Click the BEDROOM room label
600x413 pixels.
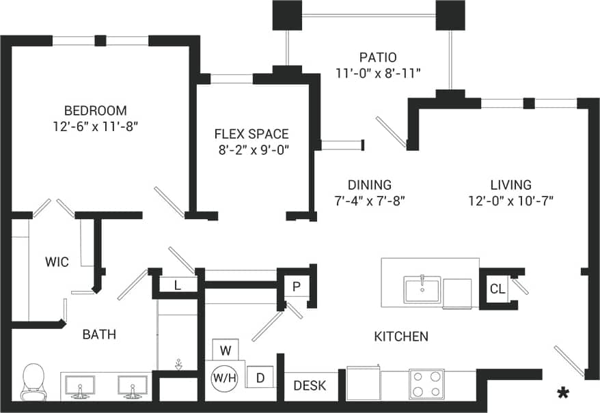tap(95, 111)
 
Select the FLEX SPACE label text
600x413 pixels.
tap(251, 134)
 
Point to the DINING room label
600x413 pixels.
tap(369, 184)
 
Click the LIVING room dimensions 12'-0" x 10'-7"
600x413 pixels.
tap(510, 201)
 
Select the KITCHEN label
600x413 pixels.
tap(401, 336)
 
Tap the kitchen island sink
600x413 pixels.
tap(422, 289)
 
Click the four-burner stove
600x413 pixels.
tap(426, 384)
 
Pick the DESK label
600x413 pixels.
tap(310, 386)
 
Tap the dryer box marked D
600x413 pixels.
tap(260, 377)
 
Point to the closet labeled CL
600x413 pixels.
tap(497, 289)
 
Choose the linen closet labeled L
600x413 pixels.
tap(178, 286)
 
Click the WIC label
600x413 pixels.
tap(57, 262)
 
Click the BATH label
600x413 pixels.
tap(99, 334)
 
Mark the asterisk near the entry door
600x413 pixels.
tap(563, 393)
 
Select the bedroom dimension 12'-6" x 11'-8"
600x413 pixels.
tap(95, 126)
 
